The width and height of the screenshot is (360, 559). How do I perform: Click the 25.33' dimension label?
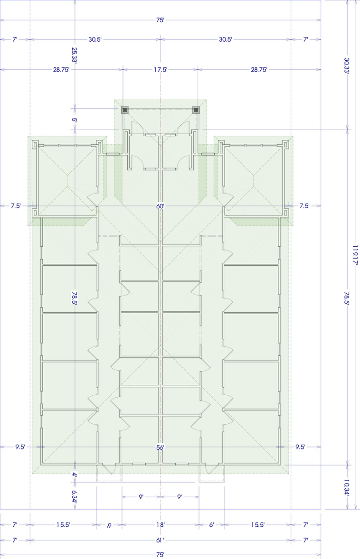[74, 55]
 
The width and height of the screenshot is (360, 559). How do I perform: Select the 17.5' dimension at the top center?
[161, 70]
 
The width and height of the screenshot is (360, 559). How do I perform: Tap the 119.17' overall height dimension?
[355, 254]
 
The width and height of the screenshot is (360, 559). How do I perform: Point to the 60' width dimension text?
[160, 206]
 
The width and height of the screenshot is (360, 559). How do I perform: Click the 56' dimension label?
[160, 447]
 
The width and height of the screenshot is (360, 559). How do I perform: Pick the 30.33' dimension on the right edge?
[346, 65]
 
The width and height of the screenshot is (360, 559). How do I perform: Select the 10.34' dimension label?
[346, 488]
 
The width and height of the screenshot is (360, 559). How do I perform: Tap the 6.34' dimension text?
[74, 496]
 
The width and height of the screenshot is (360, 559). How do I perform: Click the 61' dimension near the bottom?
[160, 540]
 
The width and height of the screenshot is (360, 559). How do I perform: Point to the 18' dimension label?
[160, 525]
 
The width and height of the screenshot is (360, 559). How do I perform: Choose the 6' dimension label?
[211, 525]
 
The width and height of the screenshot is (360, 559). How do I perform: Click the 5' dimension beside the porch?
[74, 120]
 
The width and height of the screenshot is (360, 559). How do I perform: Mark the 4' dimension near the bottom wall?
[74, 475]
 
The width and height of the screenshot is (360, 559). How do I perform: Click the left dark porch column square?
[124, 110]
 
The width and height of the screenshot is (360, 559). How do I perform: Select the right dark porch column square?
[196, 110]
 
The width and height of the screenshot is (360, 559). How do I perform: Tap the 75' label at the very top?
[160, 20]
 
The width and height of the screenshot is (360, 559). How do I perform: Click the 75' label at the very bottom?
[160, 555]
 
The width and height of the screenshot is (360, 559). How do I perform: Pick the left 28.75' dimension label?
[61, 70]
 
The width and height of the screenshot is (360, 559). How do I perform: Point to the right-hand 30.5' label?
[226, 39]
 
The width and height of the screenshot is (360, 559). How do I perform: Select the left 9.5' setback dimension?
[20, 447]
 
